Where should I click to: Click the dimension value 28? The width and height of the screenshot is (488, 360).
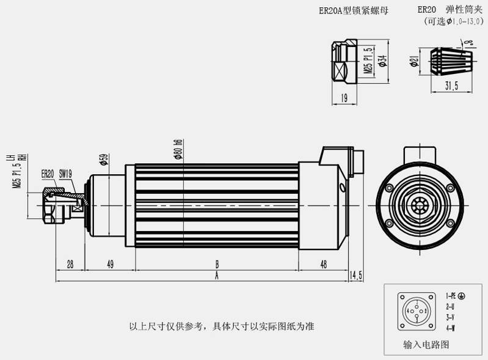(x=70, y=264)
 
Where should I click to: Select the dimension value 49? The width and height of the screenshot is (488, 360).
(x=110, y=264)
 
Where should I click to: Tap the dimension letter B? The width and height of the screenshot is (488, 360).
(x=216, y=264)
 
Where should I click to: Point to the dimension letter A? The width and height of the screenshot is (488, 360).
(x=216, y=276)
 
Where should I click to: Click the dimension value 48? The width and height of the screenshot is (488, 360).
(x=323, y=264)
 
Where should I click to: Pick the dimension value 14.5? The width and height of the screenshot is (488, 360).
(x=356, y=276)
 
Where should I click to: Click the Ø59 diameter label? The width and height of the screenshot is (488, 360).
(x=104, y=160)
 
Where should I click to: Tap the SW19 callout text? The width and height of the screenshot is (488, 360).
(x=66, y=174)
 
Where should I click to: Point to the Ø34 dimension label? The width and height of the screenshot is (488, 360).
(x=382, y=62)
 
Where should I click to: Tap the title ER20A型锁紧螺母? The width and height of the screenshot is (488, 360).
(x=353, y=10)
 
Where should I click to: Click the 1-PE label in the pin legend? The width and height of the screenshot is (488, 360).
(x=455, y=296)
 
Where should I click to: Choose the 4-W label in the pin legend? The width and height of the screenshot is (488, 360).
(x=450, y=328)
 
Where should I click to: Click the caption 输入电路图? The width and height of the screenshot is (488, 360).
(x=426, y=345)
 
